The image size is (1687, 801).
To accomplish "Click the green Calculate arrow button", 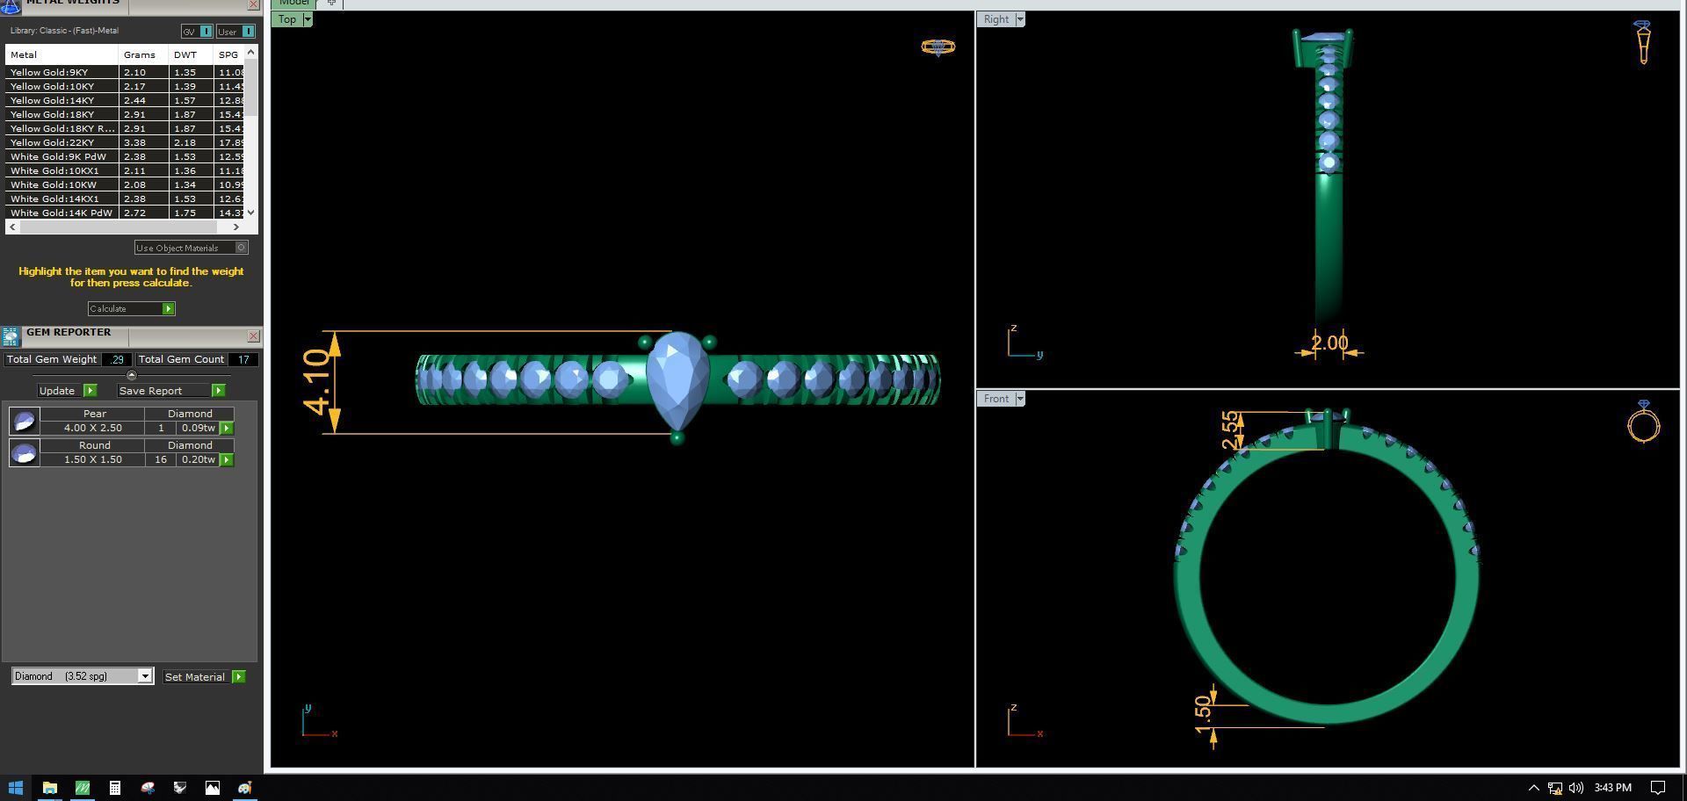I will pos(168,308).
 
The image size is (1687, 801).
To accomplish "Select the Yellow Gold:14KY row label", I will pos(53,100).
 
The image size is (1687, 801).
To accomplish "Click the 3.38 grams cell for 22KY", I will pos(134,142).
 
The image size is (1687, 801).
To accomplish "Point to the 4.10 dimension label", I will pos(316,382).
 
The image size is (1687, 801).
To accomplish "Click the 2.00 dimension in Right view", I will pos(1329,343).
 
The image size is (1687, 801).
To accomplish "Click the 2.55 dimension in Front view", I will pos(1232,429).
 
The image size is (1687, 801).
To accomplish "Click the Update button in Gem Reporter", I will pos(57,390).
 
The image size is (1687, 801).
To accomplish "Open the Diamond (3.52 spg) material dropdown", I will pos(145,675).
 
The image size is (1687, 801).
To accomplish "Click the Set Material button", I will pos(195,676).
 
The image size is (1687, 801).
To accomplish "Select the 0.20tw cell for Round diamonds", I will pos(198,459).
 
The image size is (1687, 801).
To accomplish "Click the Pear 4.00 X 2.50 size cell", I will pos(92,428).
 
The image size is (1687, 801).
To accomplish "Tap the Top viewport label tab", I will pos(287,19).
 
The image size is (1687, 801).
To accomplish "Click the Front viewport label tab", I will pos(996,398).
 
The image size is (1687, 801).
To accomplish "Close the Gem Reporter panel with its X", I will pos(253,336).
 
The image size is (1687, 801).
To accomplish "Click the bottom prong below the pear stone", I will pos(677,437).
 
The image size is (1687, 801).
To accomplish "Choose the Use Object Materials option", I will pos(184,248).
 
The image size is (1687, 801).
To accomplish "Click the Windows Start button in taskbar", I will pos(15,788).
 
